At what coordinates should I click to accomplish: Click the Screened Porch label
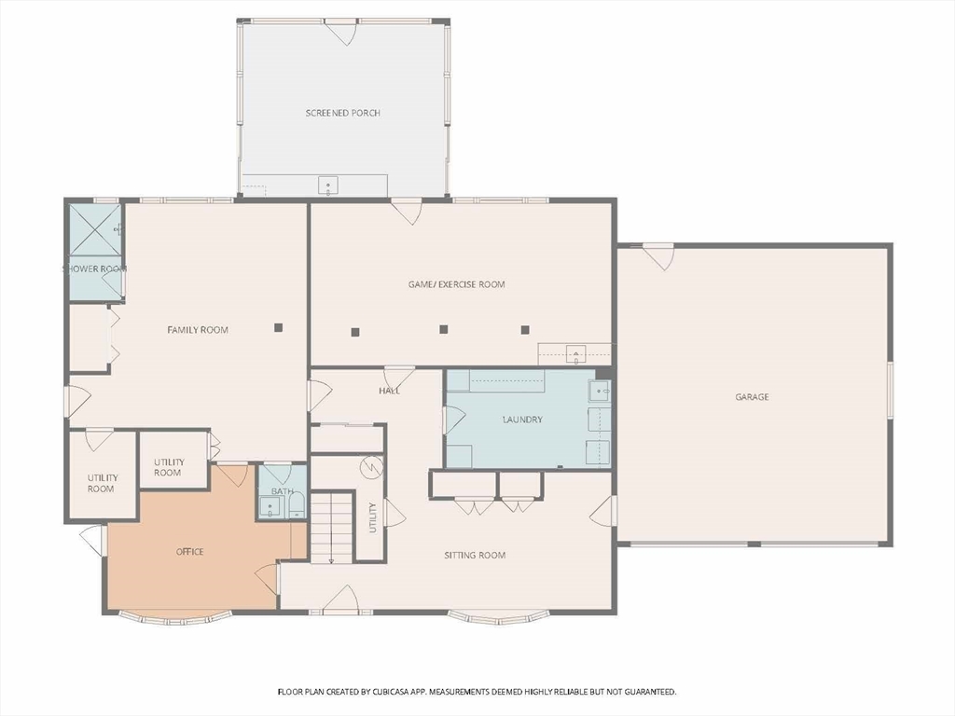tap(343, 113)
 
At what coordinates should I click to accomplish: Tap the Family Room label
tap(198, 330)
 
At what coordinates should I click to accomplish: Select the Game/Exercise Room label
tap(456, 284)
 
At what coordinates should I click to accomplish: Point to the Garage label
tap(753, 397)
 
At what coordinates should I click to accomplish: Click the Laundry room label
tap(522, 420)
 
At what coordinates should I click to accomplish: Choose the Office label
tap(190, 552)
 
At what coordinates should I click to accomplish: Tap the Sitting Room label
tap(475, 556)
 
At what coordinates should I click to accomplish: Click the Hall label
tap(389, 391)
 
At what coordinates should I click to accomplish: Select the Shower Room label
tap(95, 268)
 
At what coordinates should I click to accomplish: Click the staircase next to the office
tap(332, 528)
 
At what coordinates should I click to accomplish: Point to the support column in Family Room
tap(278, 327)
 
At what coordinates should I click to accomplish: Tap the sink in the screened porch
tap(328, 186)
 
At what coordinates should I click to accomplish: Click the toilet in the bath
tap(297, 504)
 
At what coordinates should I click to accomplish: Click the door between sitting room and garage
tap(603, 510)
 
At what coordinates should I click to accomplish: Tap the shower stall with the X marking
tap(95, 230)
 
